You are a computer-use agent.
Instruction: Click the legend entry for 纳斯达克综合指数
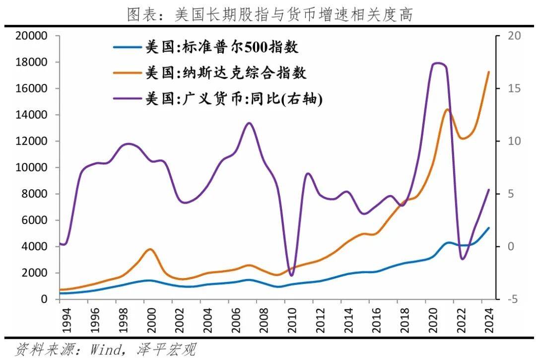pos(226,73)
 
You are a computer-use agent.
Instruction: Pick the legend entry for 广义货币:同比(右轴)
pos(233,99)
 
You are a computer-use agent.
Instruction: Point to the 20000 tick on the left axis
pos(32,36)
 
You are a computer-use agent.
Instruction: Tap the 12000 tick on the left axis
pos(32,142)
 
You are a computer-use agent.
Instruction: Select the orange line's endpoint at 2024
pos(489,72)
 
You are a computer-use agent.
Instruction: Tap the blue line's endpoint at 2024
pos(489,228)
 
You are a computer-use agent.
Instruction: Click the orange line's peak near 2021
pos(447,110)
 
